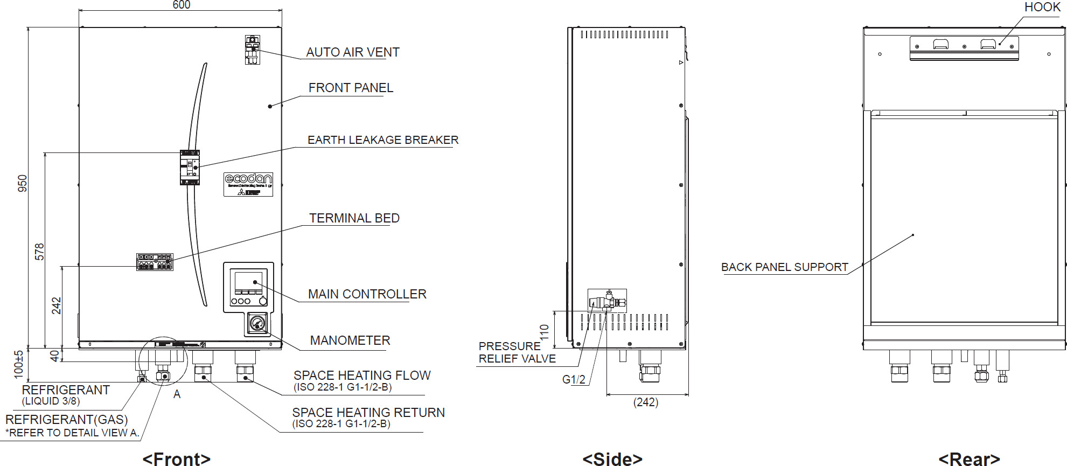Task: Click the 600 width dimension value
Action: pos(181,5)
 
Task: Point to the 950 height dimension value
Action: pos(22,184)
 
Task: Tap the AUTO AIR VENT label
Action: pos(353,52)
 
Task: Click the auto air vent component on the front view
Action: pos(252,50)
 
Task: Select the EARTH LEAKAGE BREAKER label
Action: pos(383,140)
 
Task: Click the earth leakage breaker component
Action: pos(190,168)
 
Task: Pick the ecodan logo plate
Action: pos(248,184)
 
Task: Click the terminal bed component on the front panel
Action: pos(155,262)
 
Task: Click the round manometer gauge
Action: pos(257,323)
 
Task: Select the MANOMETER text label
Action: pos(350,340)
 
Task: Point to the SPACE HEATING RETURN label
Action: pos(368,413)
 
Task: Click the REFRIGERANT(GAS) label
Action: pos(67,420)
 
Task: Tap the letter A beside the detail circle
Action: pos(177,394)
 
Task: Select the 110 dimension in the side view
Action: pos(544,331)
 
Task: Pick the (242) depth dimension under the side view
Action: pos(645,402)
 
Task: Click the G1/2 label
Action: pos(574,379)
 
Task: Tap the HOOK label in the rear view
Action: pos(1042,7)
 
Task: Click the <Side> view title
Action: pos(612,458)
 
